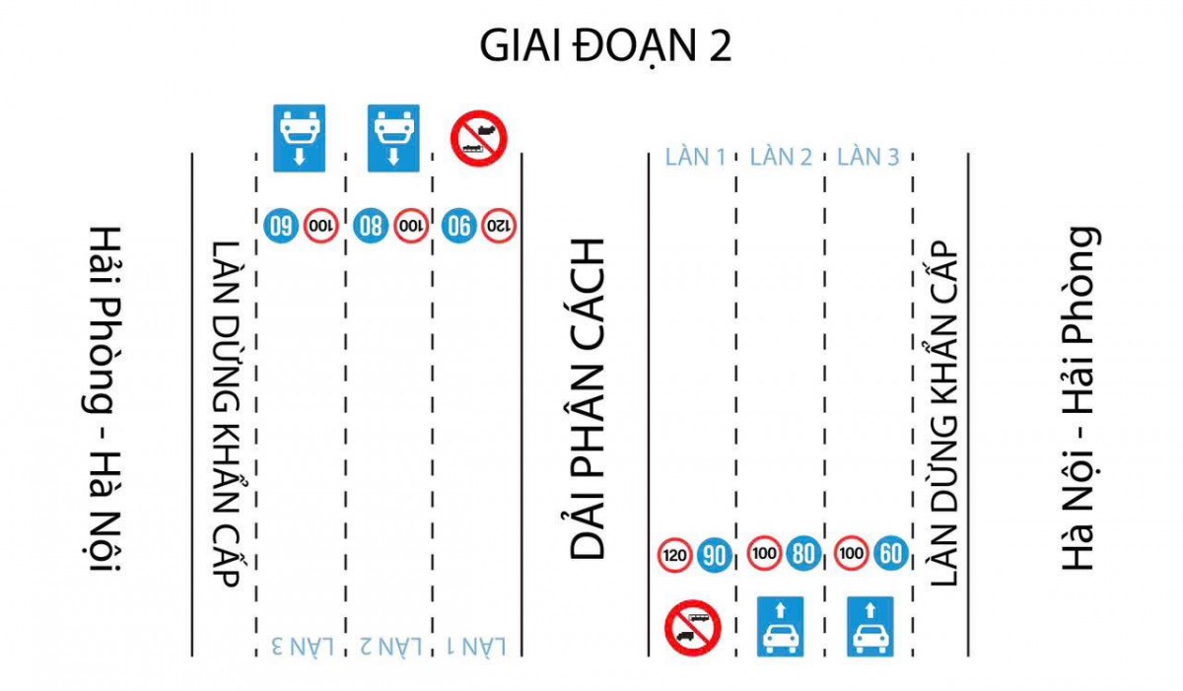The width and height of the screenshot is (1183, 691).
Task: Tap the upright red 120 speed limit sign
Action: click(674, 555)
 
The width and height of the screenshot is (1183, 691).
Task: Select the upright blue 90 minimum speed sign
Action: click(714, 555)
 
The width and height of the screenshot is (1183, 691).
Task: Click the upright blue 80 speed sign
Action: click(804, 554)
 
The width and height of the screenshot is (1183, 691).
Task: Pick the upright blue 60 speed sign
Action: click(891, 554)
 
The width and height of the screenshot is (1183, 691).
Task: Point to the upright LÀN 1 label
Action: click(696, 157)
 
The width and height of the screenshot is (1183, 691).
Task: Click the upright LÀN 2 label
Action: click(782, 157)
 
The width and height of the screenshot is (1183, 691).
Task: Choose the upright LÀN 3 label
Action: click(868, 157)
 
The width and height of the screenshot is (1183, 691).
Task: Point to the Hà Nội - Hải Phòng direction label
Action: click(1079, 399)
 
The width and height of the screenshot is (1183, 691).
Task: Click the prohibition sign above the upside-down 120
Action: click(478, 138)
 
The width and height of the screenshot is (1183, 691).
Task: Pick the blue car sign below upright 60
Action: click(870, 626)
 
